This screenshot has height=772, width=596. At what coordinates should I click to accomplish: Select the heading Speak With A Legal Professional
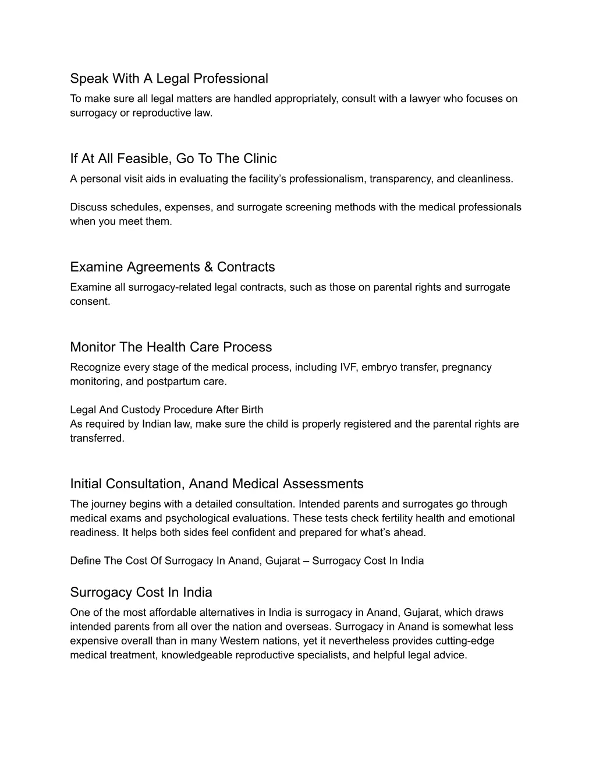tap(169, 78)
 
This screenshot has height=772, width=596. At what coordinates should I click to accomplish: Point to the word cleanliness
tap(485, 179)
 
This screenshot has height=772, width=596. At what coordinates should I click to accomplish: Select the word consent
tap(90, 301)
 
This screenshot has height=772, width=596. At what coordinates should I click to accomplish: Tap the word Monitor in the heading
tap(93, 347)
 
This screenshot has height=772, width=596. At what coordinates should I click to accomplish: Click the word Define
tap(86, 561)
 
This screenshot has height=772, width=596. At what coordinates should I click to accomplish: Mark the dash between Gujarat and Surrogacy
tap(306, 561)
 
